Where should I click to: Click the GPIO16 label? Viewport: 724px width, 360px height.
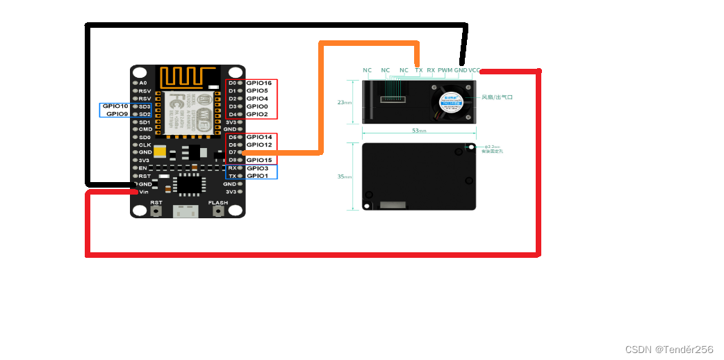(x=258, y=83)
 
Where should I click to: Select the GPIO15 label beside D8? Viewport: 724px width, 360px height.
(x=258, y=161)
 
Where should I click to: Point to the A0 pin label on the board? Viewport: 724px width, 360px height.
(x=142, y=83)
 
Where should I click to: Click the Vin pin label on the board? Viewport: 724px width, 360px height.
(x=143, y=192)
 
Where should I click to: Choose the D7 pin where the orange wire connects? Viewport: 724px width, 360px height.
(x=232, y=152)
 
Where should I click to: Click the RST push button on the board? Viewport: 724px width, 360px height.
(x=156, y=211)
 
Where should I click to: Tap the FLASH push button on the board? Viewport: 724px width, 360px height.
(x=218, y=211)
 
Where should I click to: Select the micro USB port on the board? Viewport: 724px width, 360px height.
(x=187, y=211)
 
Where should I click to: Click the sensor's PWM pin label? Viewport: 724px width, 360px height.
(x=445, y=70)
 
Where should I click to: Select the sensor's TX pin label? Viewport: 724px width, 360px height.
(x=418, y=70)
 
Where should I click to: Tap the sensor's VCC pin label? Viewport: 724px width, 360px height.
(x=474, y=70)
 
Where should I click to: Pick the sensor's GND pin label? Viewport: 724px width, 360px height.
(x=460, y=70)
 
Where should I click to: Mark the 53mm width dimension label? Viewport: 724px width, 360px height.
(x=418, y=131)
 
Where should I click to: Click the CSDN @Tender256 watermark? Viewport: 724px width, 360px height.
(x=668, y=349)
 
